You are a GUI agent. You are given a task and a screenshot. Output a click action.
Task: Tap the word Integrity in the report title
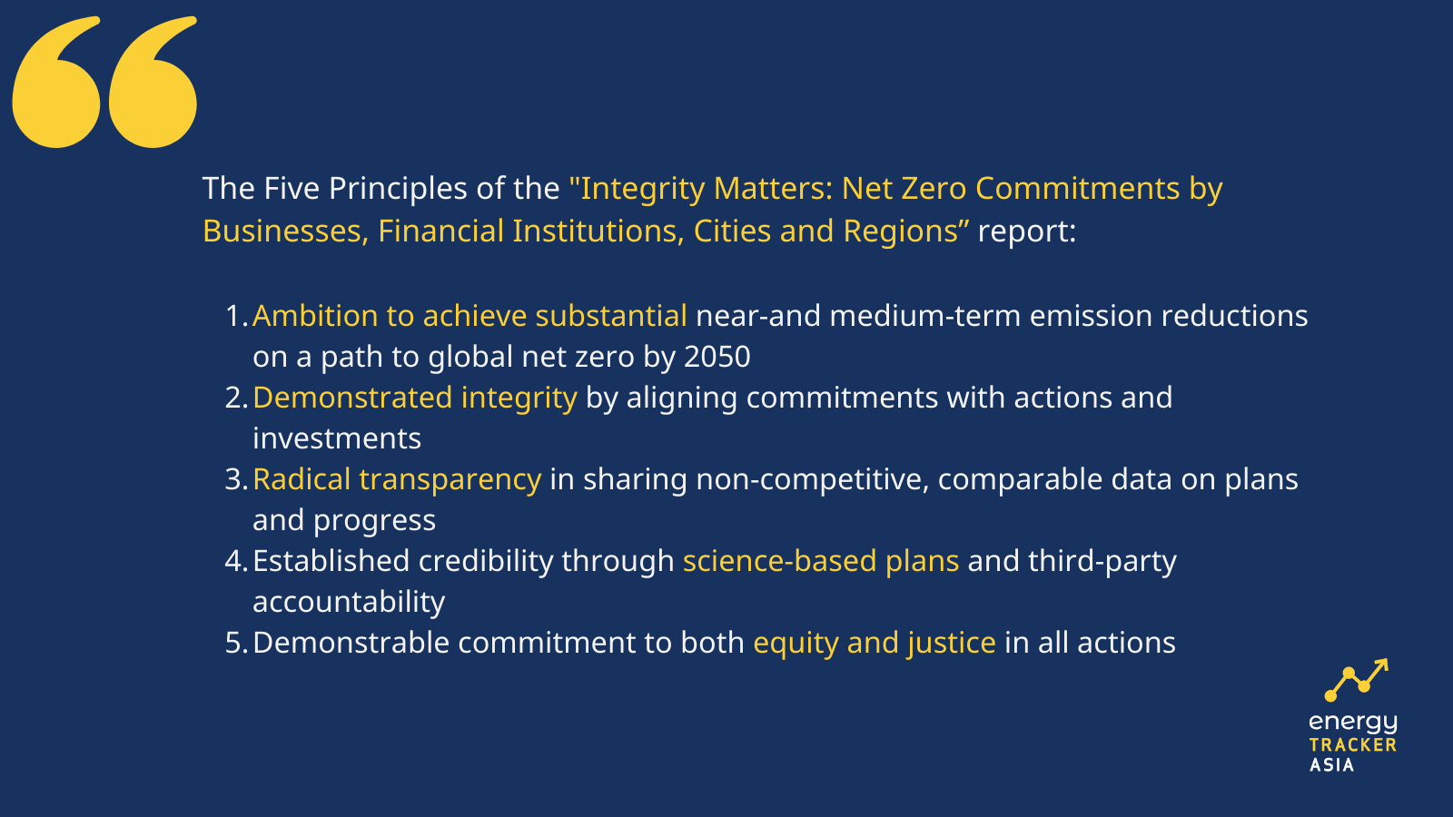coord(642,190)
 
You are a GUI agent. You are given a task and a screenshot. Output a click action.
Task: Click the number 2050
coord(717,357)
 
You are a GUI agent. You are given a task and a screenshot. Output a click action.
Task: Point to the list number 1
coord(236,316)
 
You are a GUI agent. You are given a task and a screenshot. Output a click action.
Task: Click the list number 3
coord(236,479)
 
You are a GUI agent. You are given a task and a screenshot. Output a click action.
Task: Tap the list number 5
coord(236,643)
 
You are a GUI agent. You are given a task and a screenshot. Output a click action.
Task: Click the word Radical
coord(301,479)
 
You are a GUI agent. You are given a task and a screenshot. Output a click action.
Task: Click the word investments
coord(337,438)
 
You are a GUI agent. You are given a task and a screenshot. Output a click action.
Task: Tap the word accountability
coord(349,603)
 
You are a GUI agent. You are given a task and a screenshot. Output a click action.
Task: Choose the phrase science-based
coord(780,561)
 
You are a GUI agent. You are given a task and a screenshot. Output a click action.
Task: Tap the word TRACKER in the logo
coord(1352,745)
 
